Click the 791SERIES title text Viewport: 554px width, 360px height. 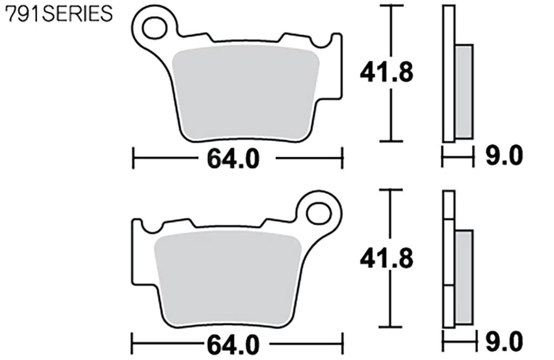[x=58, y=15]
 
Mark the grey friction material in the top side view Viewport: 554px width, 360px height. [x=464, y=91]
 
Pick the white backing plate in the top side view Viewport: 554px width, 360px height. [x=449, y=74]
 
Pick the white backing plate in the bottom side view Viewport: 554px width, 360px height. [x=449, y=260]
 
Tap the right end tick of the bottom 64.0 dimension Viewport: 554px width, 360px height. [x=342, y=344]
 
